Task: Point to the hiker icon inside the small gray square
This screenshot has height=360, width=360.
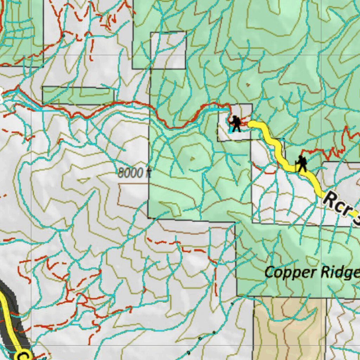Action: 236,124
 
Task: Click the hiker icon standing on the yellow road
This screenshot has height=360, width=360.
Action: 301,164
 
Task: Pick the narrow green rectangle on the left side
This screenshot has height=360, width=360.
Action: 78,95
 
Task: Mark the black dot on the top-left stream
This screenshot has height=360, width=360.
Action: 64,36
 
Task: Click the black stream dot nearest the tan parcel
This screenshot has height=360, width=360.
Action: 232,303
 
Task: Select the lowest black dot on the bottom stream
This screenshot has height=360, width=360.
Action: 188,352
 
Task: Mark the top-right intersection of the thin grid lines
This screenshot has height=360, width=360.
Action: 321,55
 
